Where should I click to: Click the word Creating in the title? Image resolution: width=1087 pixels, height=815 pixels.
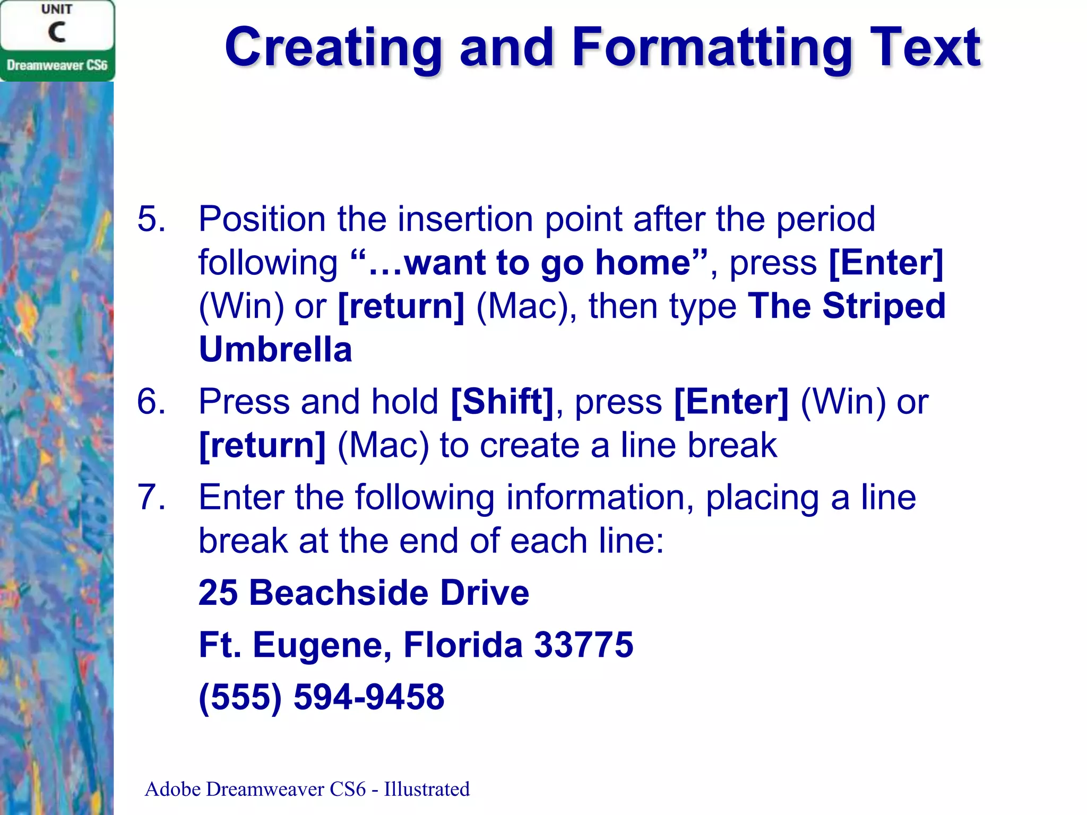point(333,49)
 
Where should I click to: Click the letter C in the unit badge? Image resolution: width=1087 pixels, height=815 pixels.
point(57,32)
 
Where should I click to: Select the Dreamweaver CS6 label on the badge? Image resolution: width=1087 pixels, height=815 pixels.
point(57,65)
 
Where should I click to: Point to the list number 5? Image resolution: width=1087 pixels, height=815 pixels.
point(151,219)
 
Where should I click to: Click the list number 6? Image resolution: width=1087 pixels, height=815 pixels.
point(151,401)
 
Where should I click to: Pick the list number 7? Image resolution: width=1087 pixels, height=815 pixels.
point(151,497)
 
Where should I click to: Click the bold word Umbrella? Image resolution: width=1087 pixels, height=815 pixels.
point(275,350)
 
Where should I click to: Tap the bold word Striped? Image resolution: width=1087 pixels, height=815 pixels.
point(884,306)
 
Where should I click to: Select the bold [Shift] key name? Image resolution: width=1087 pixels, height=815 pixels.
point(502,402)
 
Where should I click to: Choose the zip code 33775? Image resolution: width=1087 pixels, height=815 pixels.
point(584,645)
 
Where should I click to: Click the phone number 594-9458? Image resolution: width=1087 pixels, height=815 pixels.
point(369,697)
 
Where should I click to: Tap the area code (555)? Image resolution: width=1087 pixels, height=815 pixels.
point(240,697)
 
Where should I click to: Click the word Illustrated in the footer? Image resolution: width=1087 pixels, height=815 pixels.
point(427,790)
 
